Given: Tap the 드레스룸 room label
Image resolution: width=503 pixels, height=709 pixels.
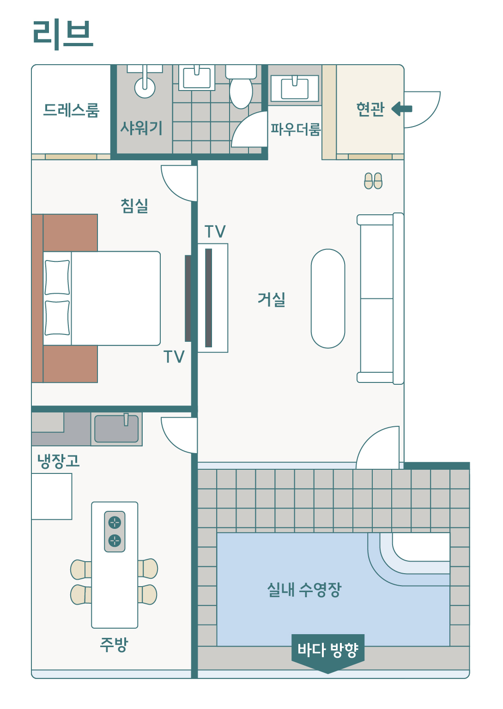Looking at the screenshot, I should coord(71,110).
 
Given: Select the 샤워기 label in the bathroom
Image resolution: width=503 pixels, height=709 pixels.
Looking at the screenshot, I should coord(141,127).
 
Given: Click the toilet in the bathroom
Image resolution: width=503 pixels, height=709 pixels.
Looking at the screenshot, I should coord(241,90).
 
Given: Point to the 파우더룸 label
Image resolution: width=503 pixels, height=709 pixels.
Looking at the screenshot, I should coord(296,129).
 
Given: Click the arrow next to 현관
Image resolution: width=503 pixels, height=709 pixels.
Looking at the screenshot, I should coord(402,109).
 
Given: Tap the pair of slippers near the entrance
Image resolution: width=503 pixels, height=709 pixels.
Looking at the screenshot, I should coord(373,181).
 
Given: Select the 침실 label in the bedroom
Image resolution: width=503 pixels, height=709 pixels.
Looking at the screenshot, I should coord(134,205).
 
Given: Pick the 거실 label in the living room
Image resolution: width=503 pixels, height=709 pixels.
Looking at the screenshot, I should coord(272,299).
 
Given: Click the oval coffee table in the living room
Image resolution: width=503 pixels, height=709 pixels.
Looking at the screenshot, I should coord(328,298).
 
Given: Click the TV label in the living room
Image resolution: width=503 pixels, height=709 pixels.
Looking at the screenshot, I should coord(215,231).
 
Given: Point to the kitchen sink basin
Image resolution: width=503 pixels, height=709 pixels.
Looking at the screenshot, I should coord(116,429).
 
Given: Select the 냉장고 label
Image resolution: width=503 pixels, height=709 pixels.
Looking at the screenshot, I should coord(58,461).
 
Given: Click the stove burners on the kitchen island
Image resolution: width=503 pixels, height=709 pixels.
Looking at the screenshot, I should coord(115,531).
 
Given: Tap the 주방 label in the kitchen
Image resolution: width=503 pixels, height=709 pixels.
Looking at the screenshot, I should coord(114,644).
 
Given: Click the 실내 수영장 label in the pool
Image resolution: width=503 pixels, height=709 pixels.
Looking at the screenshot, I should coord(304,589).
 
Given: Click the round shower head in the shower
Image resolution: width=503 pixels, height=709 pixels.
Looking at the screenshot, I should coord(145,87).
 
